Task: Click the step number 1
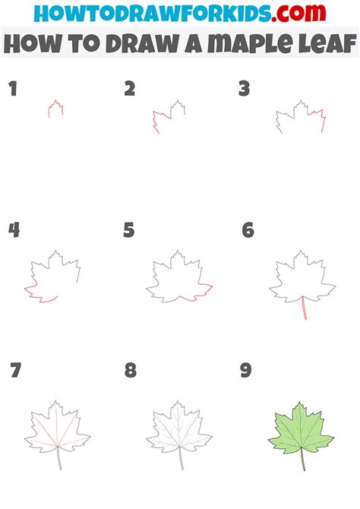point(12,90)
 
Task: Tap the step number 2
point(130,90)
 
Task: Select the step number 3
point(244,90)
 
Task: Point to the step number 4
point(14,230)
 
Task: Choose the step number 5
point(129,230)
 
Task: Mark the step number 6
point(248,230)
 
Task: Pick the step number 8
point(131,371)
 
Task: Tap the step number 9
point(245,371)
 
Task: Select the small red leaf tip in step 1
point(55,109)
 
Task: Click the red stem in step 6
point(304,308)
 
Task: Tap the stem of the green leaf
point(302,460)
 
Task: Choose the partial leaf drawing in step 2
point(169,115)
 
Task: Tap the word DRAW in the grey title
point(122,44)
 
